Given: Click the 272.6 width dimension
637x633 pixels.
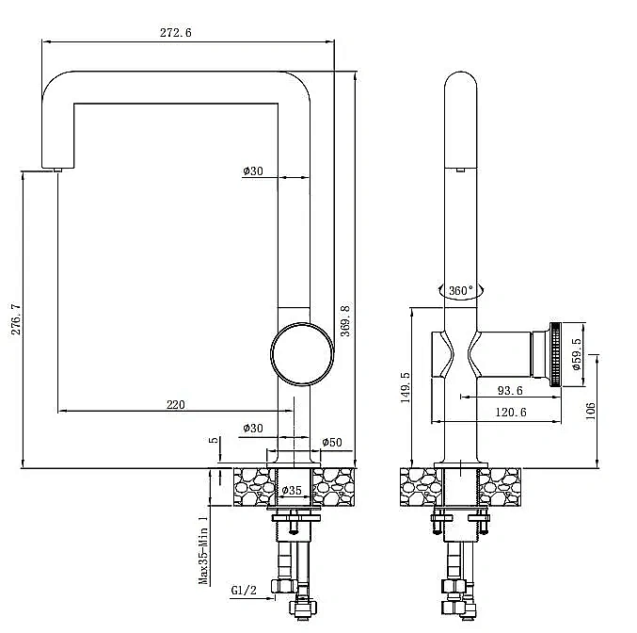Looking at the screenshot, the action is pyautogui.click(x=176, y=33).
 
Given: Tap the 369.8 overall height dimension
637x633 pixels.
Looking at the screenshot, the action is pyautogui.click(x=345, y=321).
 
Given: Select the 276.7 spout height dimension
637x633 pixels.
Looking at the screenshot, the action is pyautogui.click(x=16, y=319).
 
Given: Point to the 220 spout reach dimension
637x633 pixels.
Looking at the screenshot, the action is pyautogui.click(x=176, y=405).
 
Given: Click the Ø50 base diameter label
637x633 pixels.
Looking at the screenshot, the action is pyautogui.click(x=332, y=442).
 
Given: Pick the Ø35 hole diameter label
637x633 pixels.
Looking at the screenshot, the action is pyautogui.click(x=292, y=490).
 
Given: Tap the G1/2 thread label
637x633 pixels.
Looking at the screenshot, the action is pyautogui.click(x=244, y=591).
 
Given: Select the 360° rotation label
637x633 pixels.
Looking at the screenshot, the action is pyautogui.click(x=461, y=290).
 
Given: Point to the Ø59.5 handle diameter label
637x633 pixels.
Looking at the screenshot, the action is pyautogui.click(x=577, y=354).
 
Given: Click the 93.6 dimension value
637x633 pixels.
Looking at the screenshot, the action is pyautogui.click(x=510, y=391).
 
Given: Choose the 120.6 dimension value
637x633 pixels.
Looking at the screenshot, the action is pyautogui.click(x=511, y=413).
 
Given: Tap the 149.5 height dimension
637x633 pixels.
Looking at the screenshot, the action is pyautogui.click(x=406, y=387).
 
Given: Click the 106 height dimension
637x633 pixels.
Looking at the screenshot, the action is pyautogui.click(x=590, y=411).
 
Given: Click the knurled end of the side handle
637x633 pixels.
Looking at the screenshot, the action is pyautogui.click(x=555, y=354).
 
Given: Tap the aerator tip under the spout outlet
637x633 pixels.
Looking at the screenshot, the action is pyautogui.click(x=57, y=170).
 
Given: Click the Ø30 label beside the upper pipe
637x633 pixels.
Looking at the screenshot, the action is pyautogui.click(x=253, y=170).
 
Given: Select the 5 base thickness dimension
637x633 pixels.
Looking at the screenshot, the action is pyautogui.click(x=214, y=440).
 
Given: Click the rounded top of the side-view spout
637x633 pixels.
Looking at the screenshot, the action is pyautogui.click(x=461, y=73).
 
